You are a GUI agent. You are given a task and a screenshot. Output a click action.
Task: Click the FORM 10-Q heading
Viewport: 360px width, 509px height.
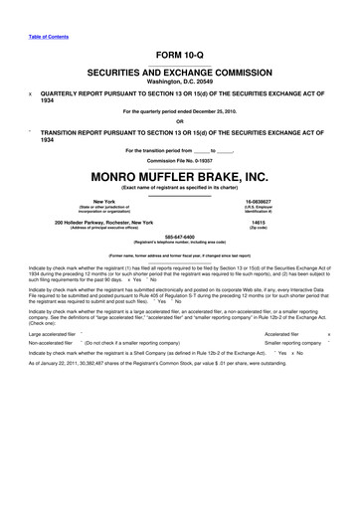click(180, 55)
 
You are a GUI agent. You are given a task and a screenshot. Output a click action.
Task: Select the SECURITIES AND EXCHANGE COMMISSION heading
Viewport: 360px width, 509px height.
click(180, 73)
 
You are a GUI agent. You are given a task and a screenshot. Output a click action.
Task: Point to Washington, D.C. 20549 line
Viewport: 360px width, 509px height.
click(180, 83)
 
